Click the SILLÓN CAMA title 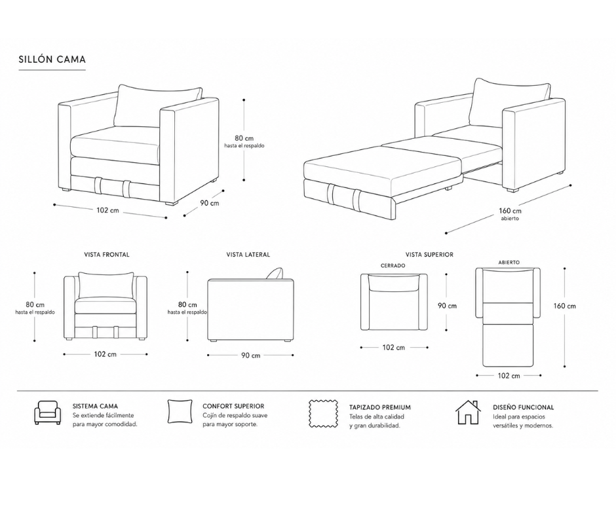52,60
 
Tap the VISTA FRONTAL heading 106,255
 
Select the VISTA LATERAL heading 248,255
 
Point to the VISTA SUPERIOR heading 429,255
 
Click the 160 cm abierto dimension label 510,214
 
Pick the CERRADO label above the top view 393,265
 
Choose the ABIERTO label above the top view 509,263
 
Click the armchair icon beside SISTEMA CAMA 48,413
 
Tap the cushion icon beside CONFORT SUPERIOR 180,411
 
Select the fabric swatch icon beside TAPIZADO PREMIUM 324,414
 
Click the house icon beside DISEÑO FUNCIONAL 468,413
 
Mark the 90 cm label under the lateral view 250,356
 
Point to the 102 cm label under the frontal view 106,354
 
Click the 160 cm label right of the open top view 564,306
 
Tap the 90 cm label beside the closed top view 448,306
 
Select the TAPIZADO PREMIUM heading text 380,407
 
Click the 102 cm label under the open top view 509,376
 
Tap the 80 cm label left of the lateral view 187,304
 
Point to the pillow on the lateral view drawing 275,274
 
